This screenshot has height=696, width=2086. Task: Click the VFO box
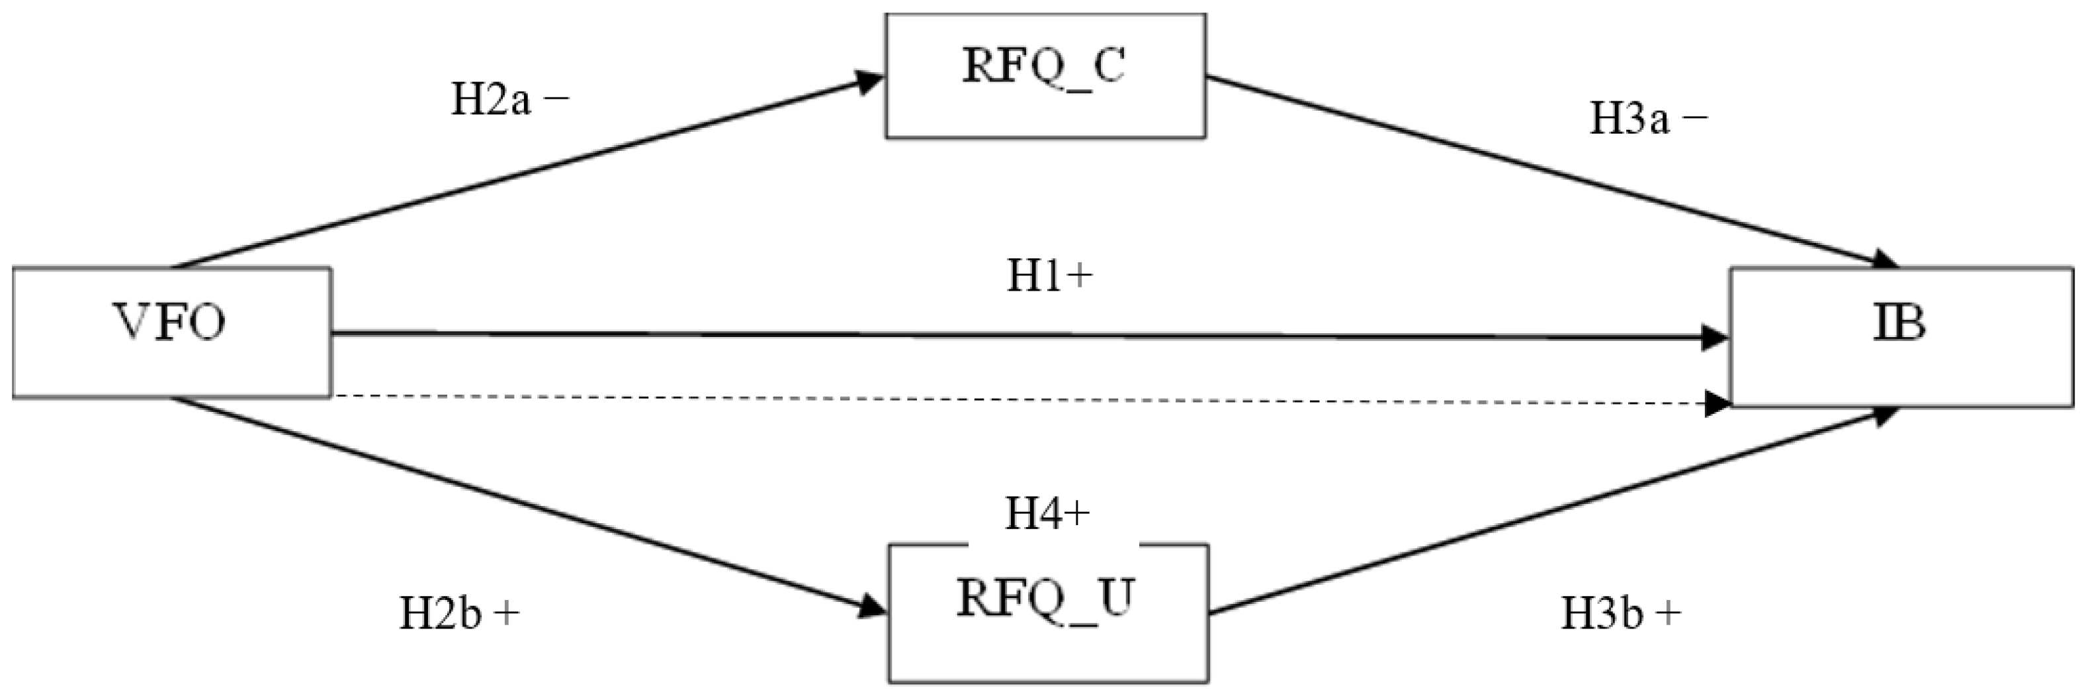(x=171, y=332)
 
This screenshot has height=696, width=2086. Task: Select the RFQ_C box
(x=1045, y=76)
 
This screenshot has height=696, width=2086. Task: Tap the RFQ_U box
(x=1048, y=613)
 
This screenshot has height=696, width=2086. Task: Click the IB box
(x=1901, y=336)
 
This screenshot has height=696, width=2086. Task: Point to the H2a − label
(x=509, y=101)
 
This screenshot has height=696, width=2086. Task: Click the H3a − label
(x=1649, y=120)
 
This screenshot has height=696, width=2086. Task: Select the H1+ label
(x=1049, y=277)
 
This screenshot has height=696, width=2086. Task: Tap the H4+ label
(x=1047, y=513)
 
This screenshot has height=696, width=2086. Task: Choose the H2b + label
(x=458, y=614)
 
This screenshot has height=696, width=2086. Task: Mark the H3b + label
(x=1621, y=614)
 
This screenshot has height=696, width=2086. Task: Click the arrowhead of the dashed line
(x=1717, y=403)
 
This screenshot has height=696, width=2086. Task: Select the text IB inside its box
(x=1899, y=323)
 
